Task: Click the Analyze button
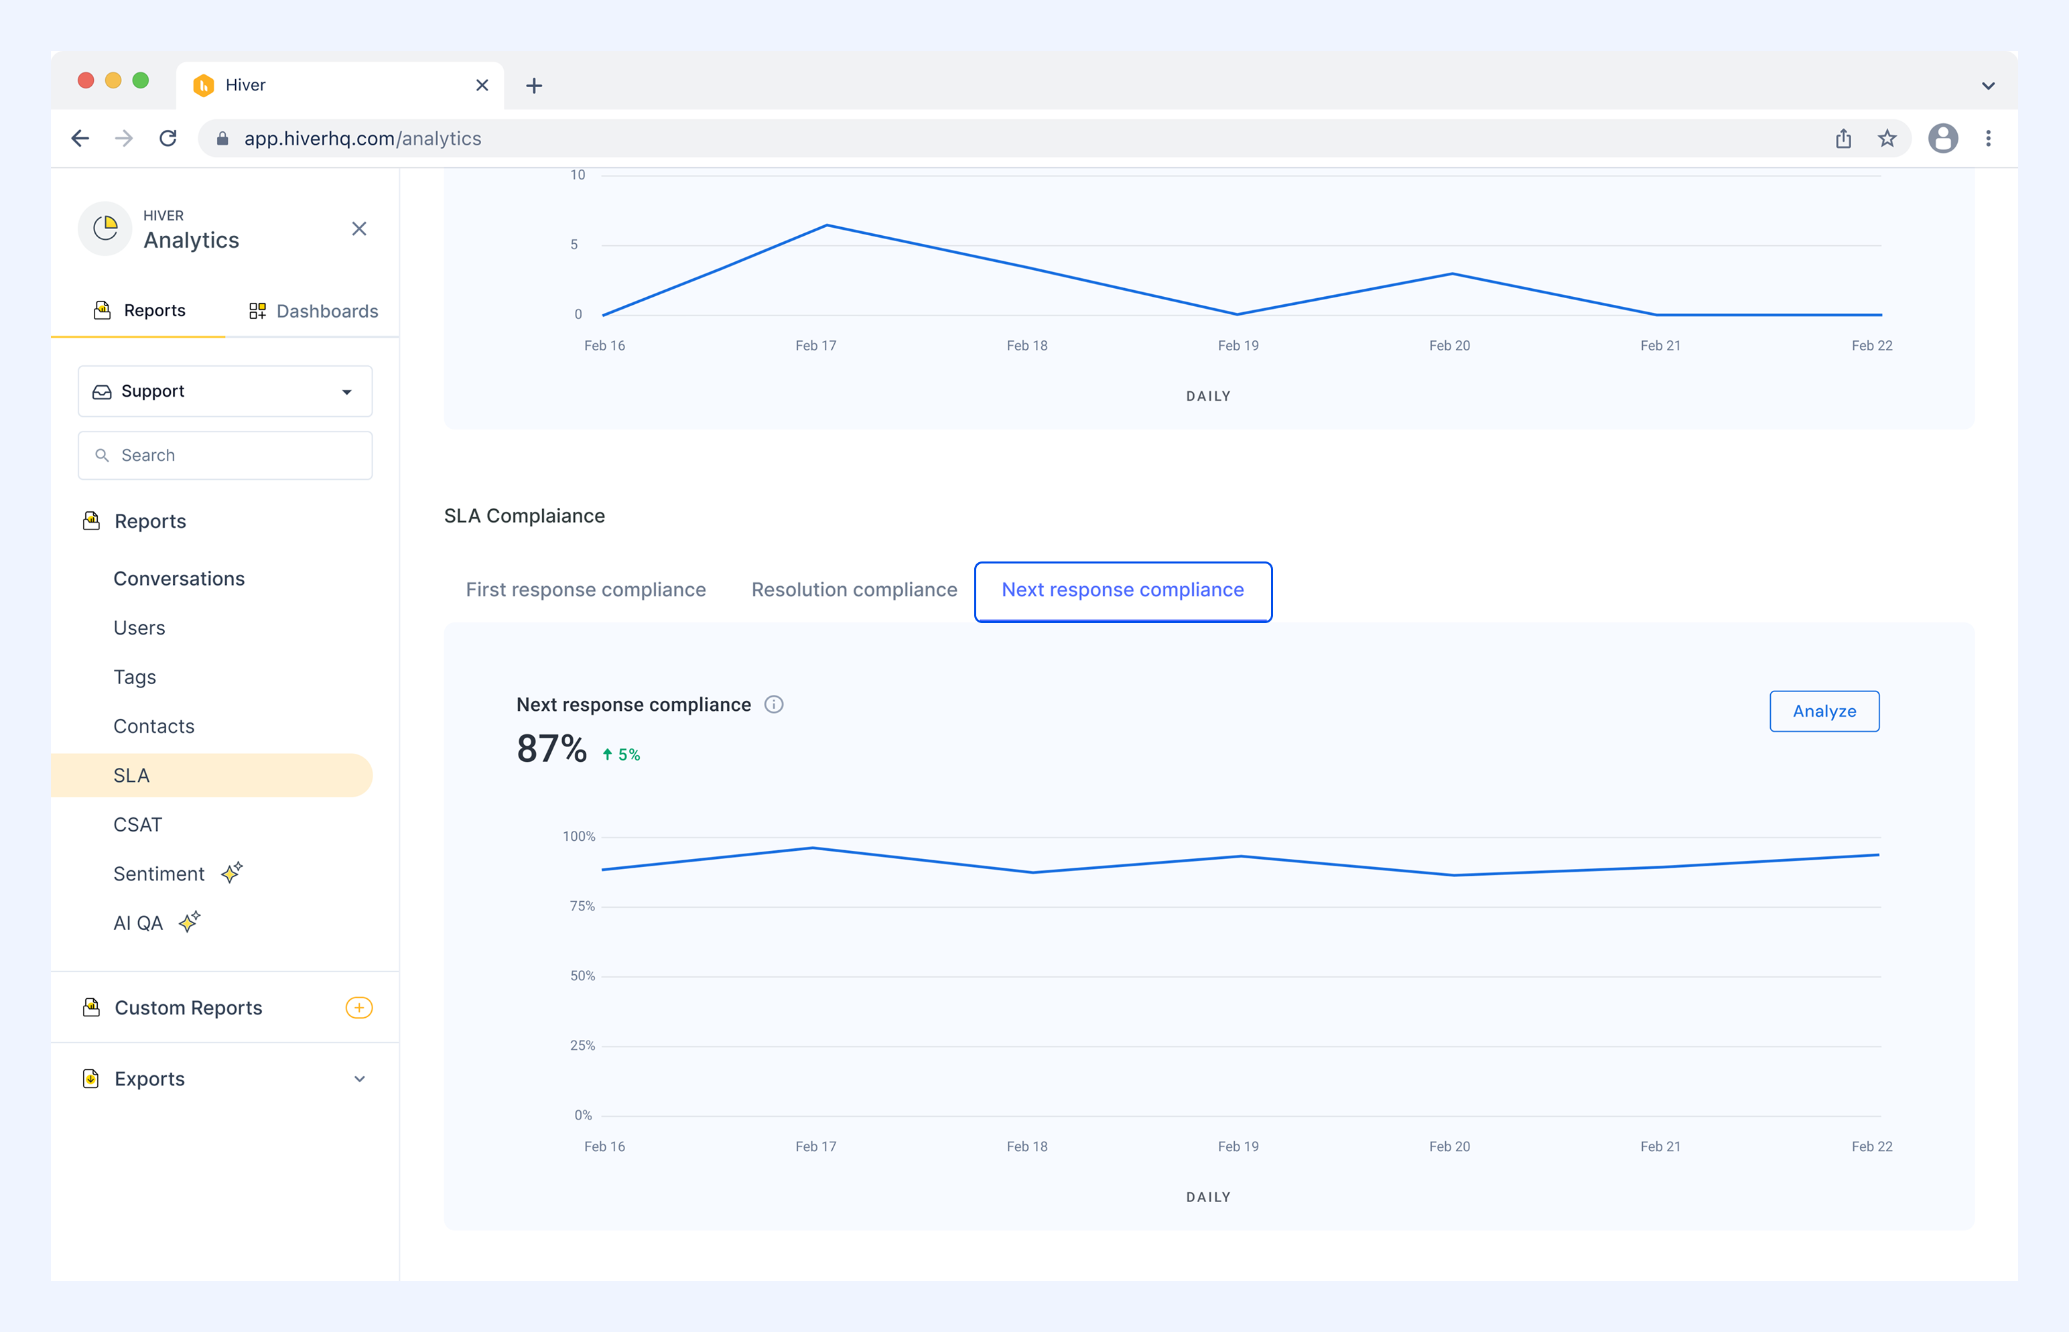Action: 1824,711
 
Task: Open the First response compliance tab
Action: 586,590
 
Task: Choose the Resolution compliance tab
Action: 854,590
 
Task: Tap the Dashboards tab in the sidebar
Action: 313,310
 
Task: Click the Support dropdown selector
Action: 225,391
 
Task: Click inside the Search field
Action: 225,455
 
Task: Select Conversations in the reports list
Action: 179,579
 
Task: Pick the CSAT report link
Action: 137,824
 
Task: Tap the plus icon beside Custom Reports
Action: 359,1008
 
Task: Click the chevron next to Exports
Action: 360,1079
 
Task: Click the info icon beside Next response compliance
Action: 774,705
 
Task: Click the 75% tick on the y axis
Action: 582,907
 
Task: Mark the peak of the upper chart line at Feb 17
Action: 827,225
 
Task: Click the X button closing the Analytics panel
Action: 359,228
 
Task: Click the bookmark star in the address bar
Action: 1887,139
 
